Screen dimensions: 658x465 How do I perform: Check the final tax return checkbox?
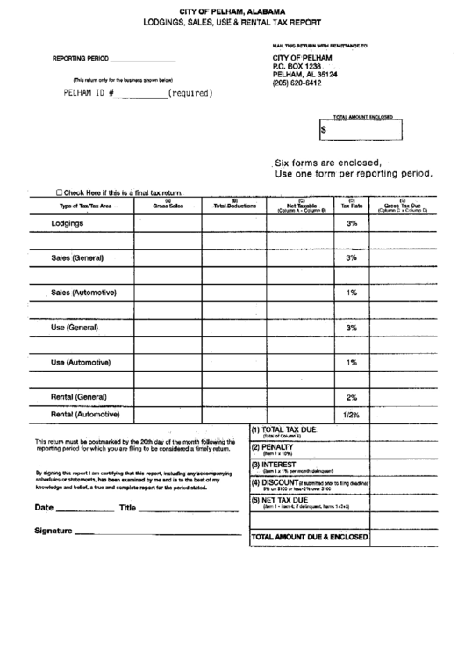coord(59,192)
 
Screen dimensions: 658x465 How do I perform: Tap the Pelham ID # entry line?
coord(142,91)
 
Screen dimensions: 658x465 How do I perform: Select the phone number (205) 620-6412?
coord(297,83)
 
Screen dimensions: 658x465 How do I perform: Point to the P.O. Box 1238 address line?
coord(297,66)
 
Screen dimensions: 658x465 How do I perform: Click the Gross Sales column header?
coord(168,206)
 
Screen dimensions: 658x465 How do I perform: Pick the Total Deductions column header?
coord(235,206)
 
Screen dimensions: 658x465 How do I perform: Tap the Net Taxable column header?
coord(301,206)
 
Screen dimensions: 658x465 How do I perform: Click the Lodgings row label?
coord(68,224)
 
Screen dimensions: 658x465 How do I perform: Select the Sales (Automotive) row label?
coord(83,292)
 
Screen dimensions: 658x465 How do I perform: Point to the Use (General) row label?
coord(75,327)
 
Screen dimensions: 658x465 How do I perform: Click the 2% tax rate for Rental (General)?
coord(351,396)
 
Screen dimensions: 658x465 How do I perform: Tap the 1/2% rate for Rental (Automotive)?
coord(351,415)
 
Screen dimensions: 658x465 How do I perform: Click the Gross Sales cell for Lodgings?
coord(168,224)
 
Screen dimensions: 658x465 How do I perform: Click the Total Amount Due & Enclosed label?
coord(310,535)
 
